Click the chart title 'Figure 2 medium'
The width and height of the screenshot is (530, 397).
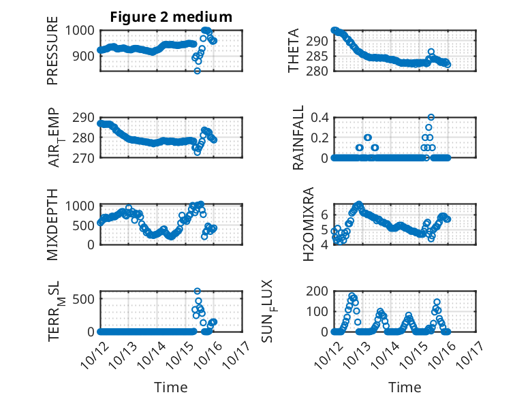[x=171, y=17]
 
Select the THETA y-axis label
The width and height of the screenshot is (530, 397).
[x=294, y=50]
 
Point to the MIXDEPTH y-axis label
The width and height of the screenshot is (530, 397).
[x=53, y=224]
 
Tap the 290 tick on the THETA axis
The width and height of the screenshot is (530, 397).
[x=319, y=41]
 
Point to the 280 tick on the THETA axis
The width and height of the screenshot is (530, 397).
[x=319, y=71]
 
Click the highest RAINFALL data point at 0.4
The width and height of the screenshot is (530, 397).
[x=431, y=117]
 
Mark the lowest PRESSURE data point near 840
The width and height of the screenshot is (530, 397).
[x=198, y=71]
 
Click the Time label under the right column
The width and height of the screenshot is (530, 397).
[x=405, y=387]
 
